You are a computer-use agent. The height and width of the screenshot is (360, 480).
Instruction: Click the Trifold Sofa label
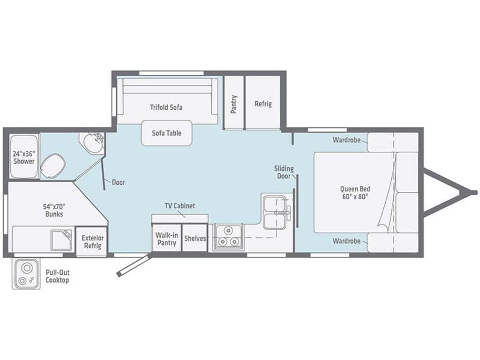[166, 107]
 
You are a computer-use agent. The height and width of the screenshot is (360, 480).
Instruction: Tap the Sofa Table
[166, 133]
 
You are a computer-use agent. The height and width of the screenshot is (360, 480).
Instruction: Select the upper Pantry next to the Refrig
[234, 103]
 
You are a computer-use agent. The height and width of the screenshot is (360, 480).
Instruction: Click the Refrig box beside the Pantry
[263, 103]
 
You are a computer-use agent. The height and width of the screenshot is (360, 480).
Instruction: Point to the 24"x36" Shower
[24, 157]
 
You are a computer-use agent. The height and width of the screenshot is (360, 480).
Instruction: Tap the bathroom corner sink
[93, 142]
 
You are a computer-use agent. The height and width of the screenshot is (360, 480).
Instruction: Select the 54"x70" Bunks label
[54, 210]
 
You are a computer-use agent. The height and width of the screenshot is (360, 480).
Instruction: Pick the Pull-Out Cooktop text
[57, 276]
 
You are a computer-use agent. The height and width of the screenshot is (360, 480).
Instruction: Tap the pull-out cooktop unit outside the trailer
[26, 274]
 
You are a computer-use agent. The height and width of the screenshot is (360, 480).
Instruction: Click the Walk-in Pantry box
[166, 238]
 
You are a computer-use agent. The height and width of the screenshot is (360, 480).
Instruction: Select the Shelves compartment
[195, 238]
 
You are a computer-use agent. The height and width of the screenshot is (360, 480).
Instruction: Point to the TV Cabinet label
[180, 206]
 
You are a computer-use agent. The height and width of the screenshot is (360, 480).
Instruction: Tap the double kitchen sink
[275, 212]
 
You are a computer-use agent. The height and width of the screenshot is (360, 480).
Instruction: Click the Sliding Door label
[284, 172]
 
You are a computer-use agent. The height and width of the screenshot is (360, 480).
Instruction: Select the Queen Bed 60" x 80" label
[355, 193]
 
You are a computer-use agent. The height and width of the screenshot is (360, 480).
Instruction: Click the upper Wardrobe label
[346, 140]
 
